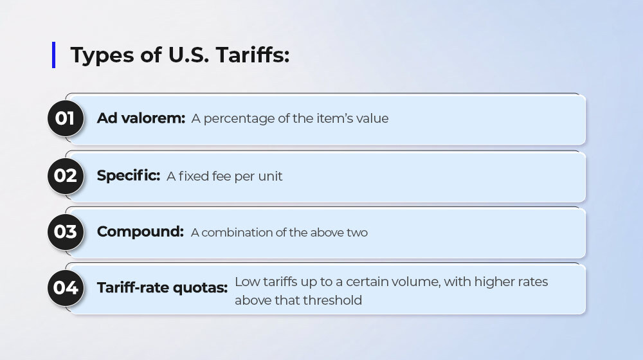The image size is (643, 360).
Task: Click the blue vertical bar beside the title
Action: (54, 55)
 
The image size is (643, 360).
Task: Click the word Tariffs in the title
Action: (252, 55)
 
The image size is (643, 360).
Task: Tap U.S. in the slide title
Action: (188, 55)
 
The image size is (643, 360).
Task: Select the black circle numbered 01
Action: (66, 118)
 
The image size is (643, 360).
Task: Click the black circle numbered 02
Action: (66, 176)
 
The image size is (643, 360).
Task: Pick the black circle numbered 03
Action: (66, 232)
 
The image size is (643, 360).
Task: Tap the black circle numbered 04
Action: (66, 288)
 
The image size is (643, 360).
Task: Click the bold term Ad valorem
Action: (141, 118)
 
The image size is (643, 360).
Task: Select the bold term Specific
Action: (129, 176)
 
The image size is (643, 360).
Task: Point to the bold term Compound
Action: (140, 232)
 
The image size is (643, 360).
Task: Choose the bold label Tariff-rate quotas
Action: (163, 288)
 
